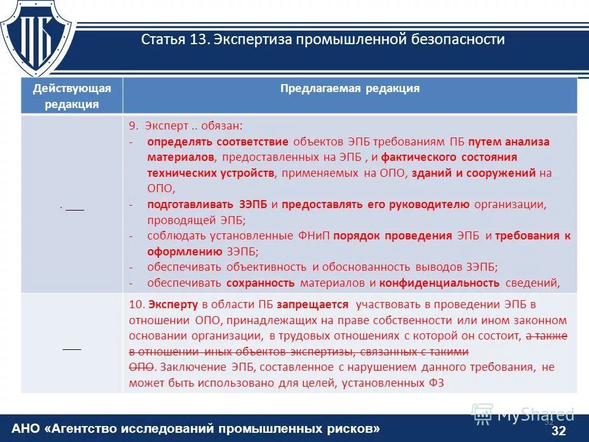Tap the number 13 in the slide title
[198, 40]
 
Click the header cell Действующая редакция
[72, 96]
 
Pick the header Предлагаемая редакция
[350, 88]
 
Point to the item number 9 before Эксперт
[132, 126]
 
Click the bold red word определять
[177, 142]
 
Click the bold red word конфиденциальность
[439, 283]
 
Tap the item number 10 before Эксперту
[136, 304]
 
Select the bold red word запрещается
[312, 304]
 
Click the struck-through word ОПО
[141, 367]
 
